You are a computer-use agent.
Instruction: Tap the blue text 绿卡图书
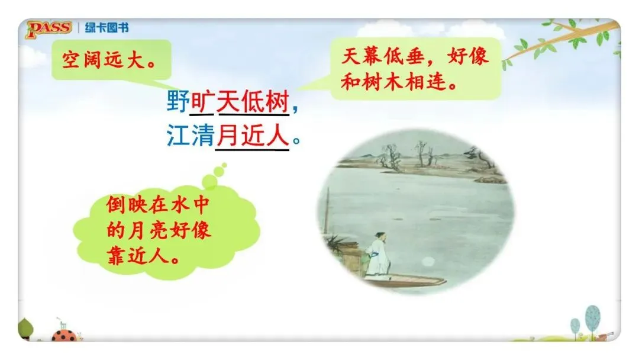tap(106, 28)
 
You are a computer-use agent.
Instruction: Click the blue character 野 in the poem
tap(178, 101)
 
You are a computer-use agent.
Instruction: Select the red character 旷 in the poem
tap(202, 101)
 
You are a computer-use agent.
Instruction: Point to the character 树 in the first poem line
tap(277, 101)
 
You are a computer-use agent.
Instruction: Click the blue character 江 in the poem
tap(178, 136)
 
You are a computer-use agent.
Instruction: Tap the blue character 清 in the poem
tap(202, 136)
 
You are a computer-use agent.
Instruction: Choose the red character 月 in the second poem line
tap(227, 136)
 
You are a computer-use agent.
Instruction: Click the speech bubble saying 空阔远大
tap(111, 60)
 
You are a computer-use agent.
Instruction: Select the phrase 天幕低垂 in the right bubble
tap(383, 56)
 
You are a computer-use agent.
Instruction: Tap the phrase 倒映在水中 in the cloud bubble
tap(158, 205)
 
